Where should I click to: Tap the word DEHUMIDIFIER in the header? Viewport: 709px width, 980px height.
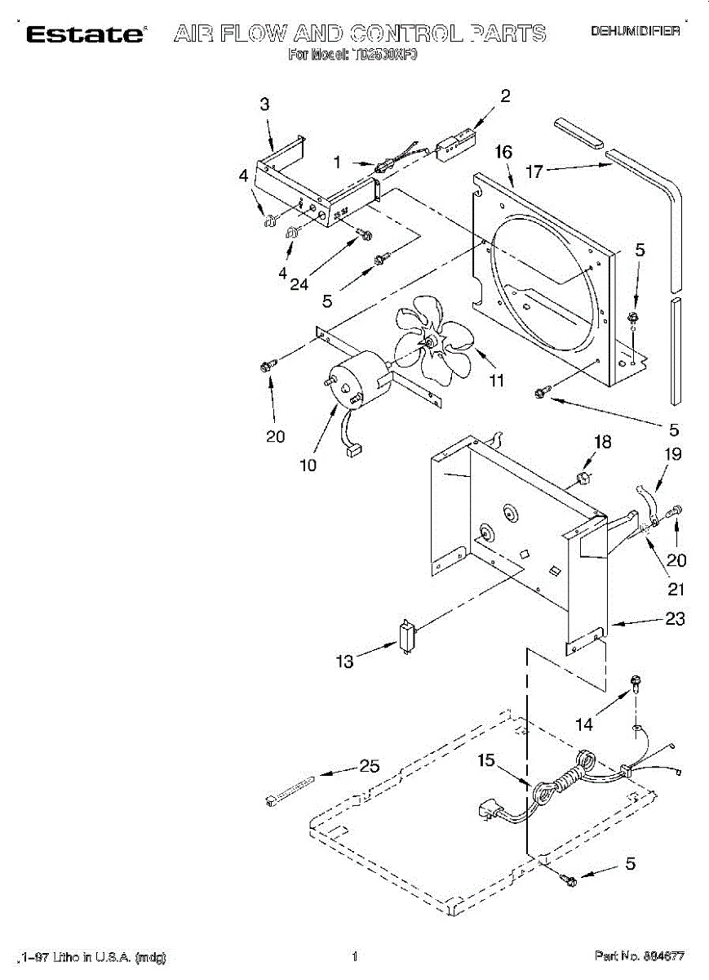point(635,31)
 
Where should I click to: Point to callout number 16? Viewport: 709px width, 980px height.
point(503,152)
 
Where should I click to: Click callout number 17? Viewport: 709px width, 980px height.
point(534,171)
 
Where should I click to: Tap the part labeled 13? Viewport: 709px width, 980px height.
point(406,635)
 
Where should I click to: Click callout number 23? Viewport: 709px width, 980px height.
point(675,619)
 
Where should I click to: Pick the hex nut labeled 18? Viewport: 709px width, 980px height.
point(582,476)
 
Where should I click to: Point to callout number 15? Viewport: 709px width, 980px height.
point(486,761)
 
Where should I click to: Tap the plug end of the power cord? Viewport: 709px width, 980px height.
point(487,812)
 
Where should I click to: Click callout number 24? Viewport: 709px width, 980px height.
point(299,284)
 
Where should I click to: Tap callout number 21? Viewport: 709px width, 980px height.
point(676,588)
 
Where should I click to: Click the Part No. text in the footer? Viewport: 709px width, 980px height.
point(639,955)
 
